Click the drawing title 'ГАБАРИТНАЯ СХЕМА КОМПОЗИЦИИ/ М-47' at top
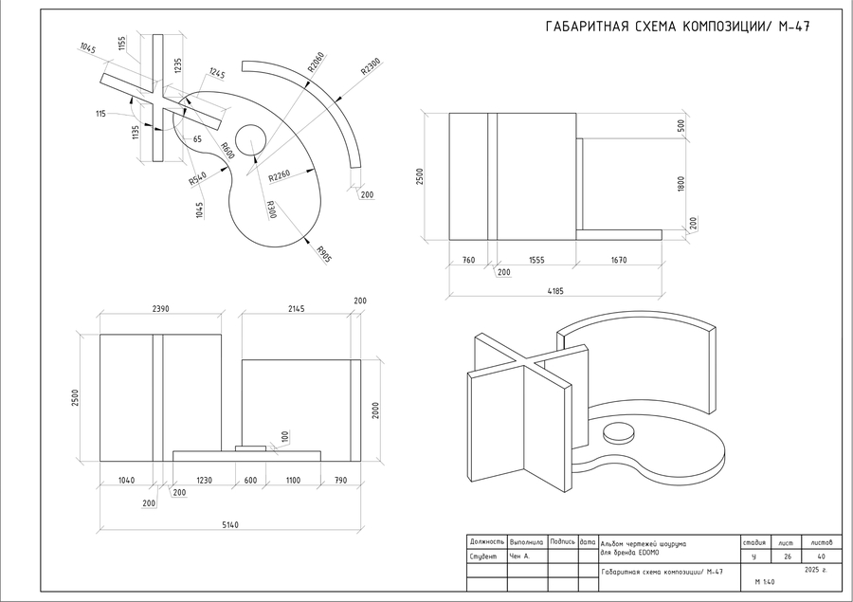[x=678, y=26]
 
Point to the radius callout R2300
[x=371, y=68]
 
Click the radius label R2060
[x=317, y=64]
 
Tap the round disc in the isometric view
[x=618, y=433]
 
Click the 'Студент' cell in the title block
[x=483, y=556]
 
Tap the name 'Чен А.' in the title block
[x=520, y=556]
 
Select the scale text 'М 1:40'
[x=764, y=581]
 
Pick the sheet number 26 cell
[x=788, y=556]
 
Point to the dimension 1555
[x=536, y=260]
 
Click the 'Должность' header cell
[x=487, y=541]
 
